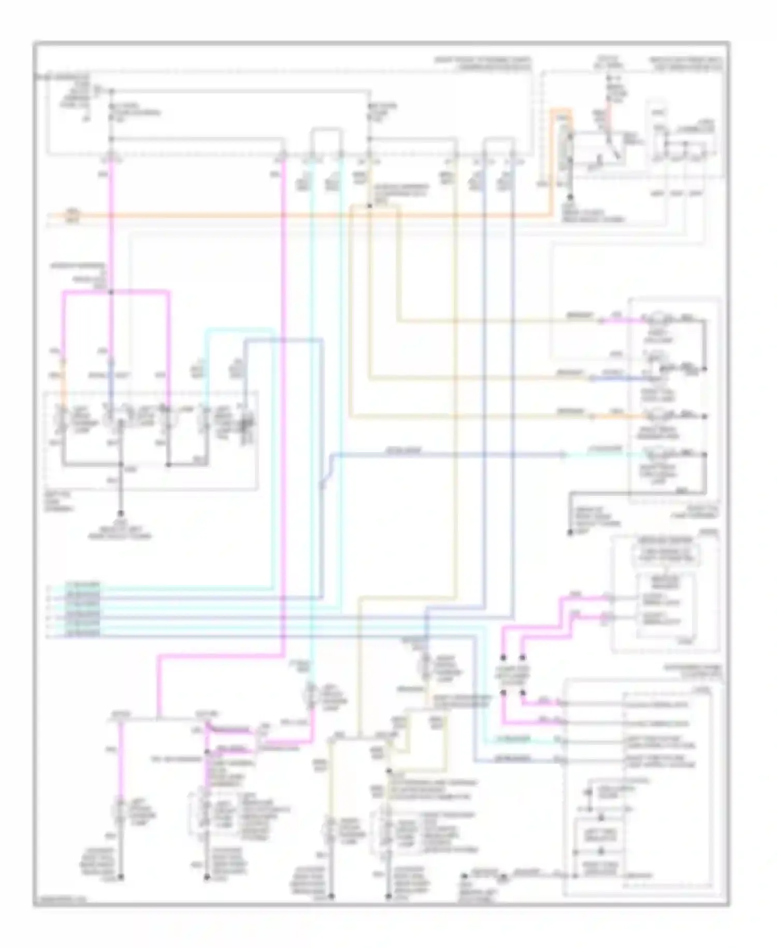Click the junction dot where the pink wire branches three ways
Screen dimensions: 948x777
(x=111, y=292)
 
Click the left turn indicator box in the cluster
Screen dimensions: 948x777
(x=601, y=835)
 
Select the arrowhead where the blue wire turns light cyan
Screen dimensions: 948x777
(x=564, y=455)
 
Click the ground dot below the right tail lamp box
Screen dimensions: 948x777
(x=570, y=532)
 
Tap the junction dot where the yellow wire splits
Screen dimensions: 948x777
(x=369, y=206)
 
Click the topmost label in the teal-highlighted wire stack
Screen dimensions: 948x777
(x=83, y=586)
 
